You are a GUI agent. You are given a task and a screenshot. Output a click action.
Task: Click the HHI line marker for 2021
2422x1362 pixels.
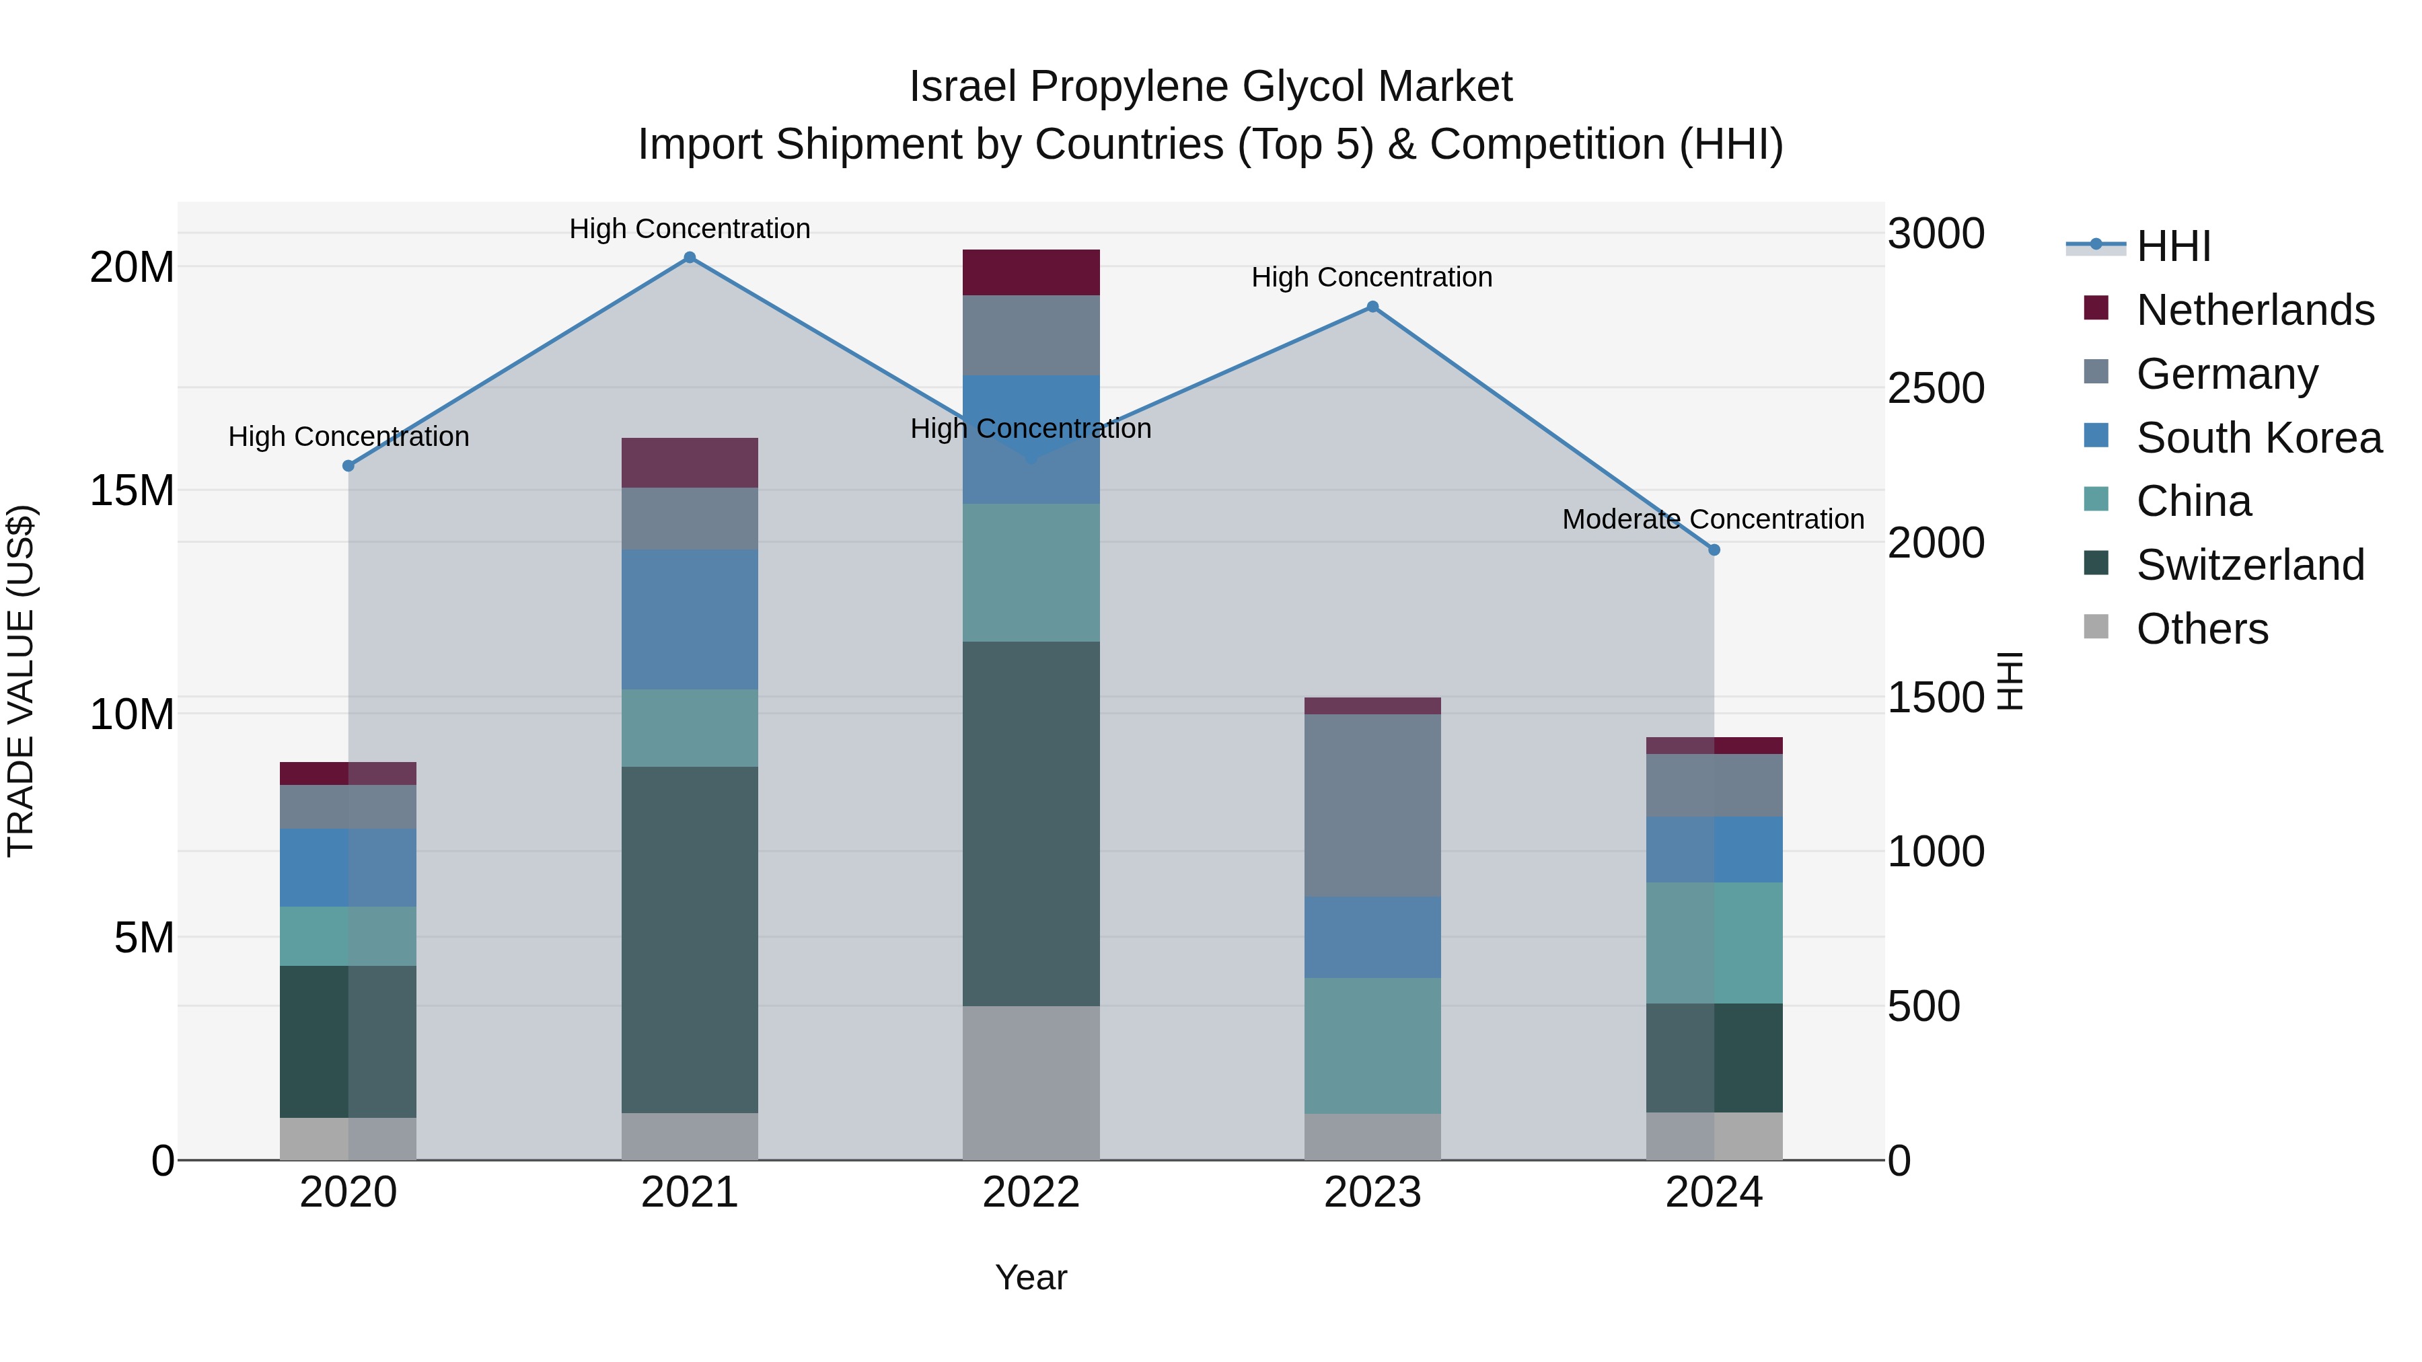point(689,258)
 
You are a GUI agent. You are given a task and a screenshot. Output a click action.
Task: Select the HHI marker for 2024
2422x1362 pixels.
point(1713,550)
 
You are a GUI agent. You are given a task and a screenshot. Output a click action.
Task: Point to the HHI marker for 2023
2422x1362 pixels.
point(1372,307)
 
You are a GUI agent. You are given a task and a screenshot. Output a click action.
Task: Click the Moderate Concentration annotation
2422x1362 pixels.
point(1712,519)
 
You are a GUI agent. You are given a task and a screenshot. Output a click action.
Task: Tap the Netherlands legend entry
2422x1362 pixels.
point(2254,310)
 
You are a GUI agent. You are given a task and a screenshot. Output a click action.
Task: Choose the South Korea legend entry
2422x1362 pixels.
point(2259,438)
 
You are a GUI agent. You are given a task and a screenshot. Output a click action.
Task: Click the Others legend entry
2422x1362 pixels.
point(2201,629)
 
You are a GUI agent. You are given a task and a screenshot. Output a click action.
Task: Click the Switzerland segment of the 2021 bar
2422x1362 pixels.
point(689,940)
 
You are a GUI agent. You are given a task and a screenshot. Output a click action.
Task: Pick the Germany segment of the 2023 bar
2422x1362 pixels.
point(1372,806)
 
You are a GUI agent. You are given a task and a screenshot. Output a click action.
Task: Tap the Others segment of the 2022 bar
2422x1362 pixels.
point(1031,1083)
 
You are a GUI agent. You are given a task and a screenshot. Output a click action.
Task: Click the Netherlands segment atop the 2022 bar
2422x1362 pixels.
point(1031,272)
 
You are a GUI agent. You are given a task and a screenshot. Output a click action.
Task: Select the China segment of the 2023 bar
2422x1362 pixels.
point(1372,1045)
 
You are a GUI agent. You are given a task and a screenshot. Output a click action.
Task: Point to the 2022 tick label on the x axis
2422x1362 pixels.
point(1031,1193)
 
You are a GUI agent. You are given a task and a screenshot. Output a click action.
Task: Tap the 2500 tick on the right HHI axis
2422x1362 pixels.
point(1935,388)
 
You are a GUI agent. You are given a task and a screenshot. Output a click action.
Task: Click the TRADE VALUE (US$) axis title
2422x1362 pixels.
point(21,681)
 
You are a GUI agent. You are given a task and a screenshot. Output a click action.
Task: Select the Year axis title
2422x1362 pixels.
point(1031,1277)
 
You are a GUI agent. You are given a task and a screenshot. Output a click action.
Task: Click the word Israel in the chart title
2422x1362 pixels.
point(962,87)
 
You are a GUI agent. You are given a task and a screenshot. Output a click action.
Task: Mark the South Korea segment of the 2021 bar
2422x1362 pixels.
point(689,619)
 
